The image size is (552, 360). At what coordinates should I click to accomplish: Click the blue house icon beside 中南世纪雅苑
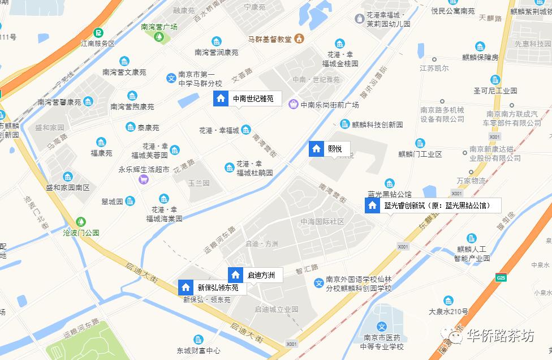[221, 98]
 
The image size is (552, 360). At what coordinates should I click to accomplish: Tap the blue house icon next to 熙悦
[316, 149]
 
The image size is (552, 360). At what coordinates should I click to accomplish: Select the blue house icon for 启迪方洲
[235, 275]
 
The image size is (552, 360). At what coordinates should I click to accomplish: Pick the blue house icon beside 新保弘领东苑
[186, 287]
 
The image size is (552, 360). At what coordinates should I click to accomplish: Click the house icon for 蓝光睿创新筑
[372, 205]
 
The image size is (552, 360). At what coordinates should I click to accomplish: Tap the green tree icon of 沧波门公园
[81, 221]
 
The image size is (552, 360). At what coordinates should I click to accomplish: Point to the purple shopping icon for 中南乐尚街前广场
[293, 104]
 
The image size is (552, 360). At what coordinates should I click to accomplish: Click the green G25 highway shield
[501, 277]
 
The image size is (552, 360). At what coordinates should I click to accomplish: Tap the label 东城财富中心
[198, 350]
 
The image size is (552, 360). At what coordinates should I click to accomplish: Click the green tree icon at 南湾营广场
[159, 37]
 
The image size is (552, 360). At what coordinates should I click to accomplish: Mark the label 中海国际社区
[322, 221]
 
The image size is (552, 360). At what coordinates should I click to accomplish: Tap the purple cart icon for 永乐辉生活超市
[144, 179]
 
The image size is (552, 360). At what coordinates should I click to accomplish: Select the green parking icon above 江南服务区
[98, 33]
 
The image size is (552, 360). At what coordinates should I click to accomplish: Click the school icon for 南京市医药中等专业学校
[382, 327]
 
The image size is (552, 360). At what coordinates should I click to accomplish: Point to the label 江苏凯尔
[434, 68]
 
